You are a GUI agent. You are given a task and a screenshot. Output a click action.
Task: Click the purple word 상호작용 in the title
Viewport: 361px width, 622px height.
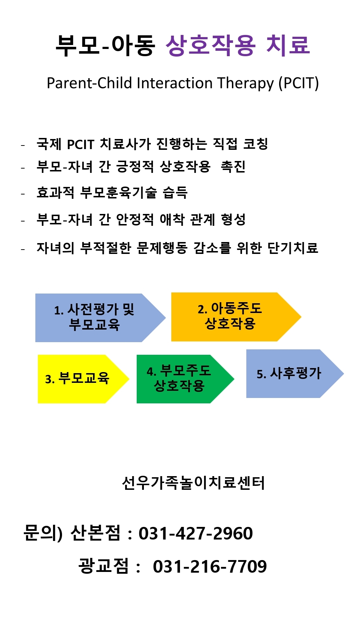(211, 45)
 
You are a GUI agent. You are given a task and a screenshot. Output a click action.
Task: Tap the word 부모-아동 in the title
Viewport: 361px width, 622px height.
(105, 45)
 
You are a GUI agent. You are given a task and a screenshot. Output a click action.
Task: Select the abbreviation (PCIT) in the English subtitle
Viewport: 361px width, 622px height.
(298, 83)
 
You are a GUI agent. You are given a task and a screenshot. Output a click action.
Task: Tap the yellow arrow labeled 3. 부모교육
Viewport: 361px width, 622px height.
(83, 379)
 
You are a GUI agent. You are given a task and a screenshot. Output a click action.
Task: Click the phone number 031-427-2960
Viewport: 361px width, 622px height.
(196, 533)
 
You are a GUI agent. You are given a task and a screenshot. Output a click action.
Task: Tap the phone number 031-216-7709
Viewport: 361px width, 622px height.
(210, 567)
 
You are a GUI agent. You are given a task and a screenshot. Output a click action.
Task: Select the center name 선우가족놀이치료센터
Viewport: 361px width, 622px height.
(194, 483)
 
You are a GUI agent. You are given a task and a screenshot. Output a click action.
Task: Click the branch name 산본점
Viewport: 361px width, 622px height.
(96, 533)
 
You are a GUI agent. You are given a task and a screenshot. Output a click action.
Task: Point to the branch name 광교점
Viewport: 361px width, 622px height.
(104, 566)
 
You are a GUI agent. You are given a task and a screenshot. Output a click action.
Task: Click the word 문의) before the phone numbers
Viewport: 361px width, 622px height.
(43, 533)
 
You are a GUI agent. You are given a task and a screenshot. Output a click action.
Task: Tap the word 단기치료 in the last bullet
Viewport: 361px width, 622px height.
(293, 248)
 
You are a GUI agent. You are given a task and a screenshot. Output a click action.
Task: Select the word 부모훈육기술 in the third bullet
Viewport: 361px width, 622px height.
(119, 193)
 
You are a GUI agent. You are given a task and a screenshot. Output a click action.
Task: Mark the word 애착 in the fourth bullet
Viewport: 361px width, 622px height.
(172, 219)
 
